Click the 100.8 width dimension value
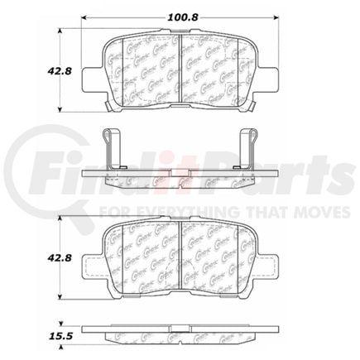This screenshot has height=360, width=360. click(x=180, y=14)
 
